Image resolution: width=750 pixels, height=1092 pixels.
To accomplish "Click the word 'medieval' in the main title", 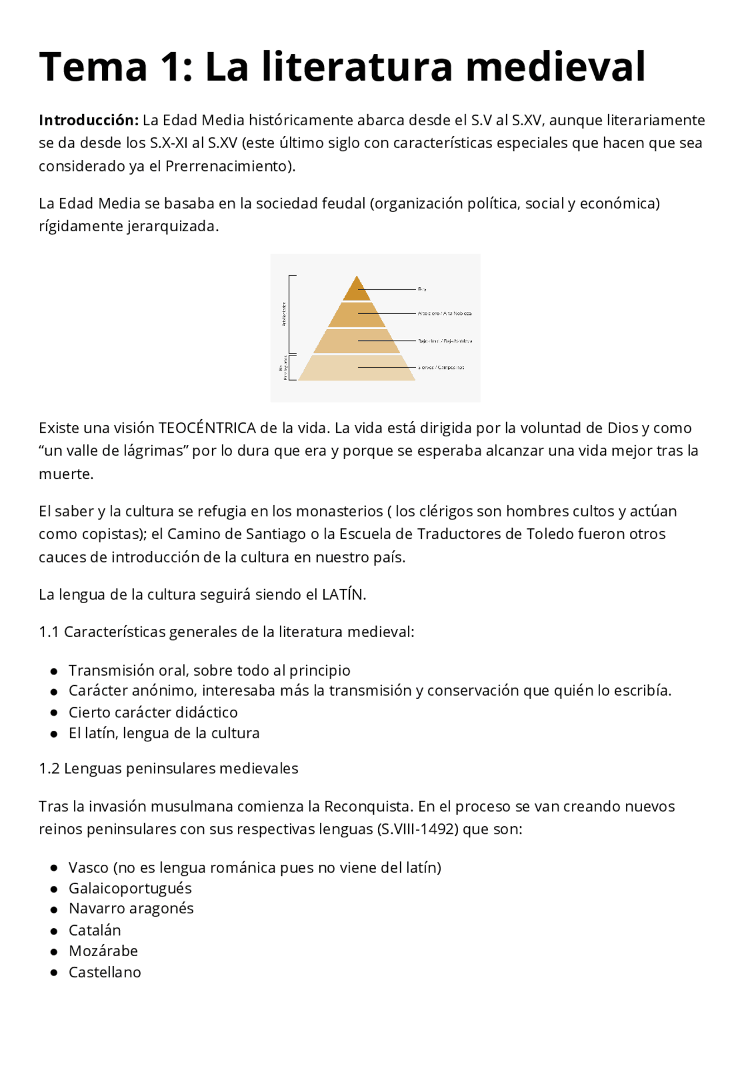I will click(555, 67).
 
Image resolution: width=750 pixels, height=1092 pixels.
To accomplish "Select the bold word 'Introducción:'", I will click(88, 120).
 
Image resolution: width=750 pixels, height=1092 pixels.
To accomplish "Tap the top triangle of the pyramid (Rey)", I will click(356, 290).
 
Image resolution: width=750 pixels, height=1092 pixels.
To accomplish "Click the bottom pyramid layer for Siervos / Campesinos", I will click(356, 368).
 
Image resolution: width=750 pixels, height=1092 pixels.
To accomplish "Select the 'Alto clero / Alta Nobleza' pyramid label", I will click(444, 314).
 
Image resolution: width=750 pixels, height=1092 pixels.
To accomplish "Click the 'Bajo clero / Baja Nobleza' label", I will click(445, 341).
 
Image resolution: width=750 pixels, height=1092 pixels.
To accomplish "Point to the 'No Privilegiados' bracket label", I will click(283, 368).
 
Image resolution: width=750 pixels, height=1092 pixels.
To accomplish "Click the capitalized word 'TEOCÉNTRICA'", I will click(207, 428).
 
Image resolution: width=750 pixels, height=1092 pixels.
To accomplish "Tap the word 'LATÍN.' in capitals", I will click(344, 595).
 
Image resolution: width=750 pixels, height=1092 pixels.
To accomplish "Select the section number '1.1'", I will click(49, 632).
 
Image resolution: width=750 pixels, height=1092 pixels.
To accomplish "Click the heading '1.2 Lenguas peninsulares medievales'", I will click(168, 769).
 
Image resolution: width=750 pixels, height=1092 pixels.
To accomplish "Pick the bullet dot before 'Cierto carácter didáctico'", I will click(54, 713).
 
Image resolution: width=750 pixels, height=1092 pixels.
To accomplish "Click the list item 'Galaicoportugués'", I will click(130, 888).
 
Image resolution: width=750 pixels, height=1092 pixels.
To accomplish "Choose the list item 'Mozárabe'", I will click(103, 951).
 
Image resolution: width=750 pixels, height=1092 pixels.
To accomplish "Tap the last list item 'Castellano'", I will click(105, 973).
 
